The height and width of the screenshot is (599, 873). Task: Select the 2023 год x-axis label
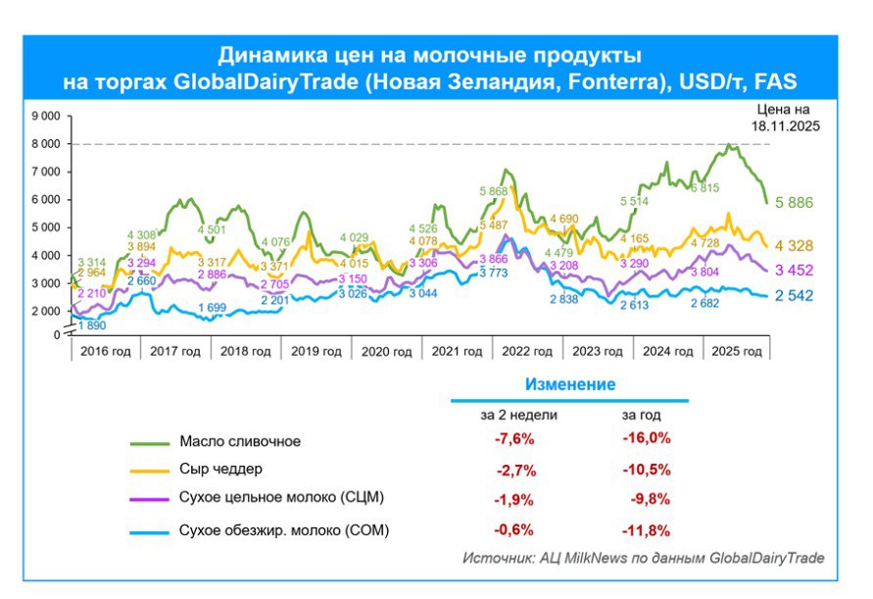598,352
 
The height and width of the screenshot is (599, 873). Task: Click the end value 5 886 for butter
796,203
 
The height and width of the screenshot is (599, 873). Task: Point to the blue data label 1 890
93,325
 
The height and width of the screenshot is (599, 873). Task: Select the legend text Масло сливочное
240,441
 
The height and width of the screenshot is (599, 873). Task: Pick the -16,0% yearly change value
647,438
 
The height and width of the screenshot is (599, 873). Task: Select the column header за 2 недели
518,415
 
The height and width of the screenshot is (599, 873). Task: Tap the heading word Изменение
570,384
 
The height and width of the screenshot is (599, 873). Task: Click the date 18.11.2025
785,126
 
